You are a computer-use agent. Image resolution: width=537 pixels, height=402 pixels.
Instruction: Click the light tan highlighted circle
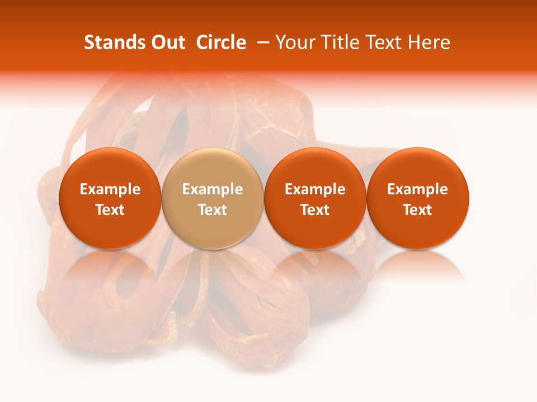click(x=213, y=198)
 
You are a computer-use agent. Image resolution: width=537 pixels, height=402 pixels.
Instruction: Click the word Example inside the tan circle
click(x=213, y=189)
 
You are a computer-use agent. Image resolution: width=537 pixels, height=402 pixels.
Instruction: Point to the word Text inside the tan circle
click(x=213, y=210)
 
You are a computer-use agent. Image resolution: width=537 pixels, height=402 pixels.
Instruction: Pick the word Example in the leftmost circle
click(x=110, y=189)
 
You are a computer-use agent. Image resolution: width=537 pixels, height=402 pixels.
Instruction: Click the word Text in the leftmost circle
click(x=110, y=210)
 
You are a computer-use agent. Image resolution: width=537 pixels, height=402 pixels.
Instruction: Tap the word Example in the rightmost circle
click(x=418, y=189)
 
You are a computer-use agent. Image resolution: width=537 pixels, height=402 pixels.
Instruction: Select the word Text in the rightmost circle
click(x=418, y=210)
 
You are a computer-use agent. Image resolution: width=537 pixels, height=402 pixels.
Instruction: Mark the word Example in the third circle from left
click(x=315, y=189)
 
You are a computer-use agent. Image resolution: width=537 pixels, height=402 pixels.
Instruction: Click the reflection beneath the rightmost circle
click(x=418, y=265)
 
